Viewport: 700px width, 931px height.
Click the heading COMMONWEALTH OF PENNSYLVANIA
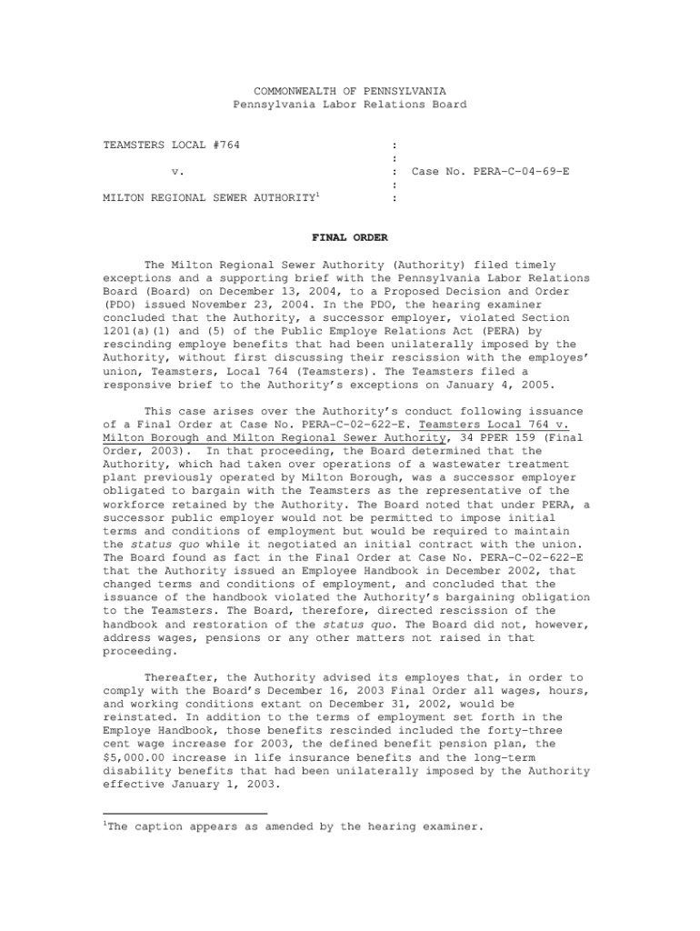click(x=349, y=91)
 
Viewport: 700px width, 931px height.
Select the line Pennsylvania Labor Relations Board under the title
click(x=349, y=105)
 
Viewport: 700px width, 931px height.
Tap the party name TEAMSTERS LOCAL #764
click(x=172, y=145)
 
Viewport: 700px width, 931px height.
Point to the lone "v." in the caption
click(x=178, y=171)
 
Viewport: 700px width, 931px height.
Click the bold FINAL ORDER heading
click(x=350, y=238)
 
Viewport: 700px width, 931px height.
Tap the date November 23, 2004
click(x=230, y=305)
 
